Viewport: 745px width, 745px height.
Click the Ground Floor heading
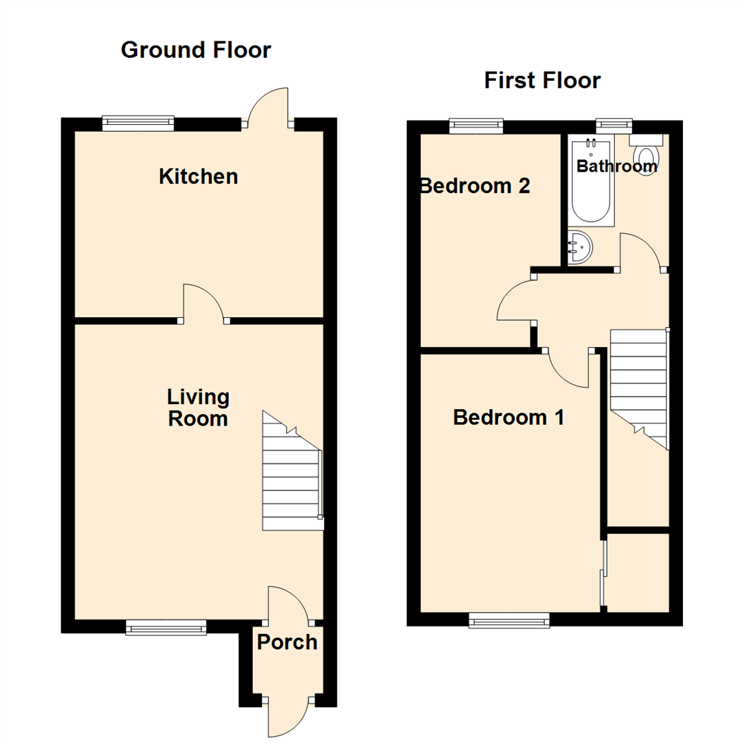pos(196,50)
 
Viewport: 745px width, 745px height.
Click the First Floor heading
pos(542,81)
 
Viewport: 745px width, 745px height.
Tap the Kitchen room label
pos(198,177)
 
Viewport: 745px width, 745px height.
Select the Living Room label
pos(198,408)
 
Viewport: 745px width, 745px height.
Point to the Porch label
pos(287,642)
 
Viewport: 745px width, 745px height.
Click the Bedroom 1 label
pos(508,417)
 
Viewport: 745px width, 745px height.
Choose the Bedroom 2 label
pos(476,186)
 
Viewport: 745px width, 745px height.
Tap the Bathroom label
pos(616,166)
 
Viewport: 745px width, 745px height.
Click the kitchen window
pos(138,123)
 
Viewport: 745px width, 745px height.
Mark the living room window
pos(166,626)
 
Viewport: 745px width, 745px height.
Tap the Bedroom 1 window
pos(509,620)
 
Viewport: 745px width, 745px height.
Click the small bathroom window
pos(614,124)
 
